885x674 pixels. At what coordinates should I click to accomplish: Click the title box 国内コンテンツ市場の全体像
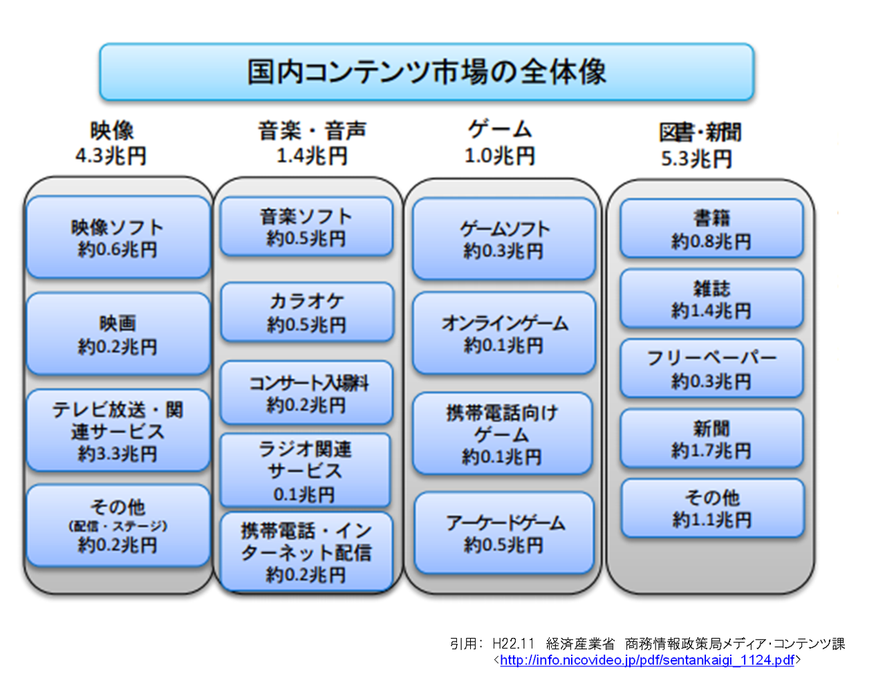click(x=427, y=72)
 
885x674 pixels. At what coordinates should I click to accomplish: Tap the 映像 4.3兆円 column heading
click(x=111, y=143)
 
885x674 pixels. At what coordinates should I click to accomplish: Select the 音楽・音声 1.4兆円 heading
click(x=312, y=142)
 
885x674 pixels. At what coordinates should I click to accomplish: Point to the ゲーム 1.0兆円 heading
click(x=500, y=142)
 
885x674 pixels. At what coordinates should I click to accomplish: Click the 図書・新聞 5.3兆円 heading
click(x=700, y=145)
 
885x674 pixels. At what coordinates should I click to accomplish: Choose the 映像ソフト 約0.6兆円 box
click(x=118, y=237)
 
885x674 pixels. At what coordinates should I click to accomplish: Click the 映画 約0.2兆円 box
click(x=118, y=334)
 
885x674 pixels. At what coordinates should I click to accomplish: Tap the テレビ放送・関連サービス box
click(x=118, y=431)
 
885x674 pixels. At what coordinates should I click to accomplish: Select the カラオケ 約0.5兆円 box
click(x=307, y=312)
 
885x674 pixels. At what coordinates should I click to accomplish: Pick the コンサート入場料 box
click(x=306, y=393)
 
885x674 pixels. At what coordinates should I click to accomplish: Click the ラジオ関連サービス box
click(x=305, y=470)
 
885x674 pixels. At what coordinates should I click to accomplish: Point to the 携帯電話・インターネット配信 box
click(x=306, y=552)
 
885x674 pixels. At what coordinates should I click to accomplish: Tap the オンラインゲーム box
click(x=504, y=333)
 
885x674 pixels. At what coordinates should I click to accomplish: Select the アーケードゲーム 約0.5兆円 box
click(x=504, y=532)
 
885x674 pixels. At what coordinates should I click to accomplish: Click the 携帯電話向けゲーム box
click(x=503, y=433)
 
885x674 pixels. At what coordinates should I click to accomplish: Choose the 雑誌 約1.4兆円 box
click(x=711, y=299)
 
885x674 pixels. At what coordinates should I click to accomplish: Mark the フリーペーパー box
click(x=711, y=368)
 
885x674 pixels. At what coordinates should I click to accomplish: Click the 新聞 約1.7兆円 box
click(x=711, y=438)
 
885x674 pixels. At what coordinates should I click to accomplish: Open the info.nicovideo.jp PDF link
click(x=647, y=660)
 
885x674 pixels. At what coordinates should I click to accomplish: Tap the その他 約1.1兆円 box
click(x=712, y=508)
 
